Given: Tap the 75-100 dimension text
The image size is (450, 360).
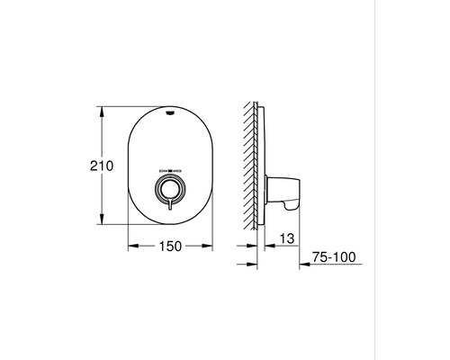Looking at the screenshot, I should (333, 257).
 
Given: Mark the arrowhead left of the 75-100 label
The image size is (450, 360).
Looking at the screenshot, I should (302, 264).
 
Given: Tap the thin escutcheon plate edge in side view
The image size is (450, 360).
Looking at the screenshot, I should (263, 166).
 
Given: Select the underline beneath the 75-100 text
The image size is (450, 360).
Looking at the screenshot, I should (333, 264).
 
